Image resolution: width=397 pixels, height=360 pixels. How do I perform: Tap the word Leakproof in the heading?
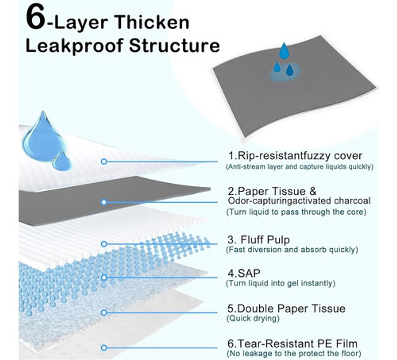coord(73,46)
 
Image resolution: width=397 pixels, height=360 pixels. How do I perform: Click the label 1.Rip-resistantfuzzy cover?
coord(295,156)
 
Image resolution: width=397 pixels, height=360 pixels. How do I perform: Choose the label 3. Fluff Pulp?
coord(258,240)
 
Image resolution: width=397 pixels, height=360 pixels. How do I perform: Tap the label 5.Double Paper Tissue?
coord(286,309)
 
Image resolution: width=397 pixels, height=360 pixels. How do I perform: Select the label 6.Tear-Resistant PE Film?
coord(292,343)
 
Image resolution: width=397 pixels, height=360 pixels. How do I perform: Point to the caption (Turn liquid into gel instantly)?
coord(280,283)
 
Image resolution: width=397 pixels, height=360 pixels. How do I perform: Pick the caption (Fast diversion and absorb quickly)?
coord(292,250)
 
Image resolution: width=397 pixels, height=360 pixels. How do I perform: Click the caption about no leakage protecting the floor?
coord(294,353)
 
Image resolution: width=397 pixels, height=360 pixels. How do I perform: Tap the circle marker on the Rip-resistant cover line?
coord(104,161)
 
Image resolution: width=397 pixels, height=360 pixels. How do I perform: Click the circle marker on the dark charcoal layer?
coord(104,202)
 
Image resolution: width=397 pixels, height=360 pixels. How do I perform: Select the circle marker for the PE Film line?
coord(104,348)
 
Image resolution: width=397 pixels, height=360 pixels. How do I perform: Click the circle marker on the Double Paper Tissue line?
coord(104,312)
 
